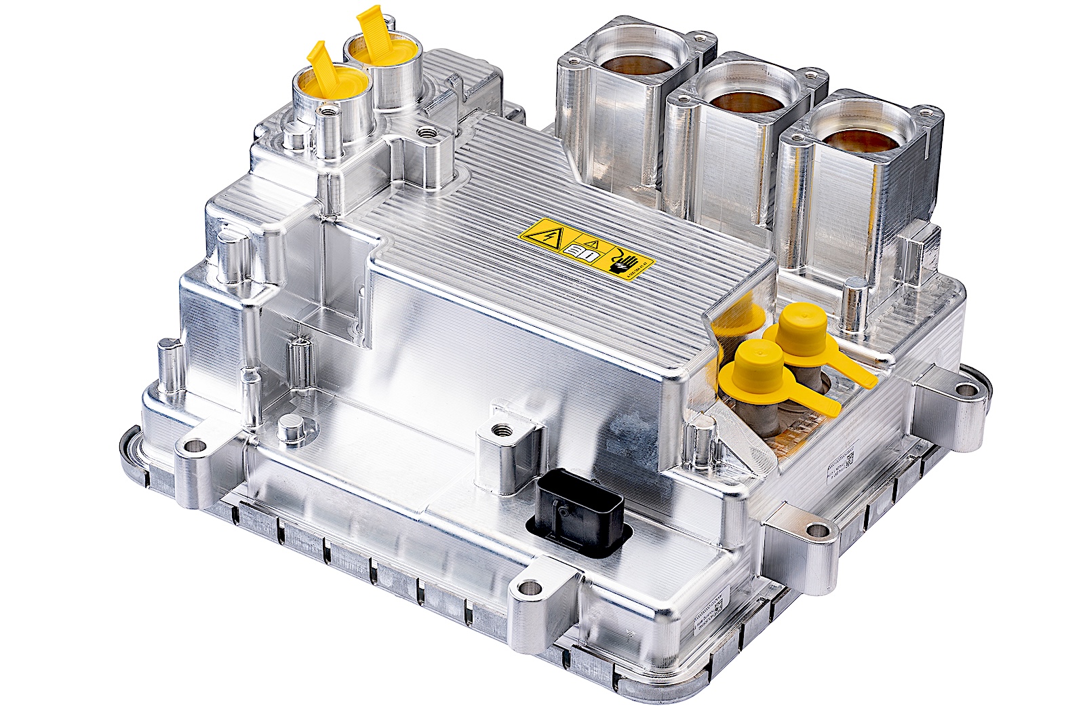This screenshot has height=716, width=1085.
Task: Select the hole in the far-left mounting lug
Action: click(x=197, y=446)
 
